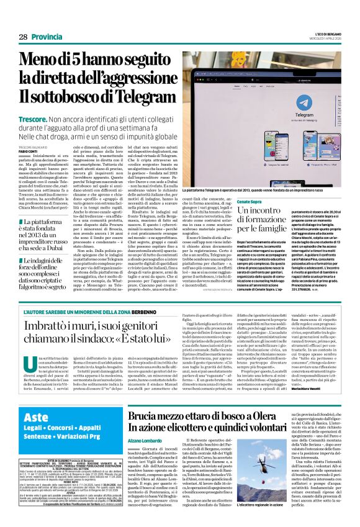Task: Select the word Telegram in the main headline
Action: tap(136, 97)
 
